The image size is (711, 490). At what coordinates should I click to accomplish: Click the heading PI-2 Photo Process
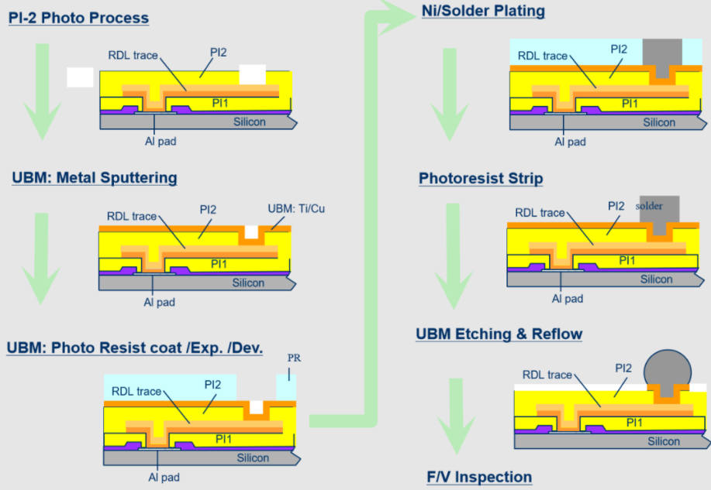point(78,17)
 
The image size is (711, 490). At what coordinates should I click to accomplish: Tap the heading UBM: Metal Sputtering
point(94,178)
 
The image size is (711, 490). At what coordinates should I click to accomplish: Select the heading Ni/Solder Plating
point(483,11)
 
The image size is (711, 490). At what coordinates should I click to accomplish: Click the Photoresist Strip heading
point(481,179)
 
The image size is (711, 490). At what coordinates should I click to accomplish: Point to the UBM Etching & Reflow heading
point(499,334)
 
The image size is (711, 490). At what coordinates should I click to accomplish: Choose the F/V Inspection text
point(479,477)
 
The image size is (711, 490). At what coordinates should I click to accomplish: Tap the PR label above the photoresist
point(294,358)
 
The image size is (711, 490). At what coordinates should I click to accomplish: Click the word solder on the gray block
point(650,206)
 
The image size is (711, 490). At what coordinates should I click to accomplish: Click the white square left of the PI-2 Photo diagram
point(80,77)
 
